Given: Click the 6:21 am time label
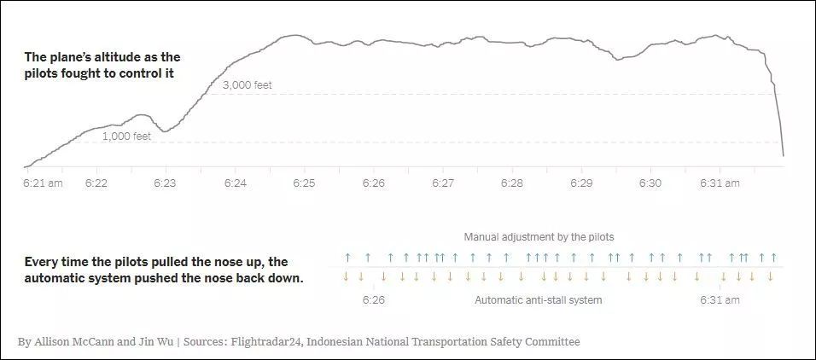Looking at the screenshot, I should (43, 183).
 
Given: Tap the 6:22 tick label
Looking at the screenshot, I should (96, 183).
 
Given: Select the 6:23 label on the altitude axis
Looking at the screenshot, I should (165, 183).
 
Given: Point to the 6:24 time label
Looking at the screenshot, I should (236, 183).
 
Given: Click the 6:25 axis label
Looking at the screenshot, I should (305, 183).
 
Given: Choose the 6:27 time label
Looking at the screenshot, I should (443, 183).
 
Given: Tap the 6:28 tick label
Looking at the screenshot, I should (512, 183).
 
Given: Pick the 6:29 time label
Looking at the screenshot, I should (581, 183).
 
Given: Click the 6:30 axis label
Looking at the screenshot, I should (650, 183).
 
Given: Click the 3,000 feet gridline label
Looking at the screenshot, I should (248, 85).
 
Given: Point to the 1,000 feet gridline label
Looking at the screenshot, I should (126, 136).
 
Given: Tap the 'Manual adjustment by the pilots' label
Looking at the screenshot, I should (539, 236).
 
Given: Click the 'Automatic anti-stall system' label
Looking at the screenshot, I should (538, 300).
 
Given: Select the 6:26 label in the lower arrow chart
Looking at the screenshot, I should (374, 300).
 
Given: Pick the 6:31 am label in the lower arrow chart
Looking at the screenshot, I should (720, 300).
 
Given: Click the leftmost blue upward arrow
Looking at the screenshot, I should (347, 257).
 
